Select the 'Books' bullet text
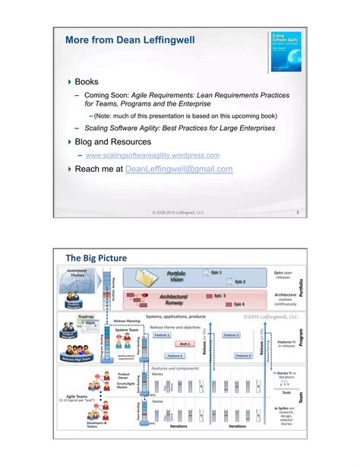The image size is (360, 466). (87, 80)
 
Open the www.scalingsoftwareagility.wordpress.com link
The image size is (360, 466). (153, 155)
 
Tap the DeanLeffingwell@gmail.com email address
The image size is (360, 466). (178, 170)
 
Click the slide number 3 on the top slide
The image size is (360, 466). (298, 212)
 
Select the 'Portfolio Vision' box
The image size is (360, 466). (176, 276)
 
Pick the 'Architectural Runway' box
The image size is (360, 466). (176, 300)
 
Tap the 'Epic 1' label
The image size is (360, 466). (216, 271)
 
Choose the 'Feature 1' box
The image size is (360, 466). (162, 334)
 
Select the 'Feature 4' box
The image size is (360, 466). (243, 355)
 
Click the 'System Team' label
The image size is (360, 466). (127, 330)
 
